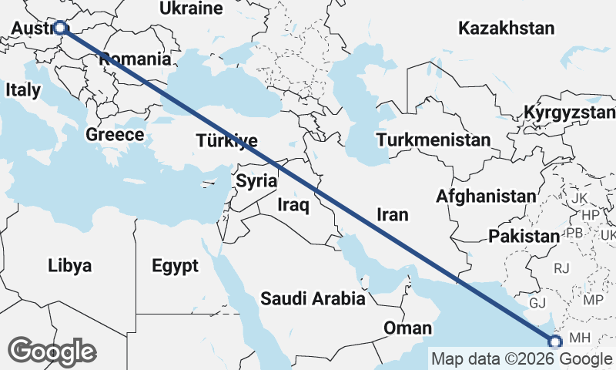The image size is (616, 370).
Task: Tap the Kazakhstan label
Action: [x=506, y=29]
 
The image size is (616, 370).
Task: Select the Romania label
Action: [x=135, y=59]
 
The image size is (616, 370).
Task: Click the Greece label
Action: [x=115, y=135]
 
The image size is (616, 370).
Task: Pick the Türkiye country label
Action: [x=226, y=141]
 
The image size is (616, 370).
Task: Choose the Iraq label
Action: [x=293, y=206]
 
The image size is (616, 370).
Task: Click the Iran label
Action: [x=393, y=214]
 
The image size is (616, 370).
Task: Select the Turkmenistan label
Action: [x=434, y=140]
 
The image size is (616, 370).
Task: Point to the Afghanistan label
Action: [x=486, y=197]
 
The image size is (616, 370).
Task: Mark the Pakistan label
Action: [x=523, y=236]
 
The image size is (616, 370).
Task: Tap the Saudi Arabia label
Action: [x=312, y=298]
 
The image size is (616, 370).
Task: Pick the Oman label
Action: [x=408, y=328]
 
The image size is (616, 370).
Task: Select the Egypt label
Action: [x=175, y=267]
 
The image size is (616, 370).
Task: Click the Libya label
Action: [x=69, y=267]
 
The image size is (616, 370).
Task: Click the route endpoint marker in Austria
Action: [x=60, y=29]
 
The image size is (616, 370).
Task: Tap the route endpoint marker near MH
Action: [x=554, y=341]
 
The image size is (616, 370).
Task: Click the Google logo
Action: [x=52, y=351]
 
